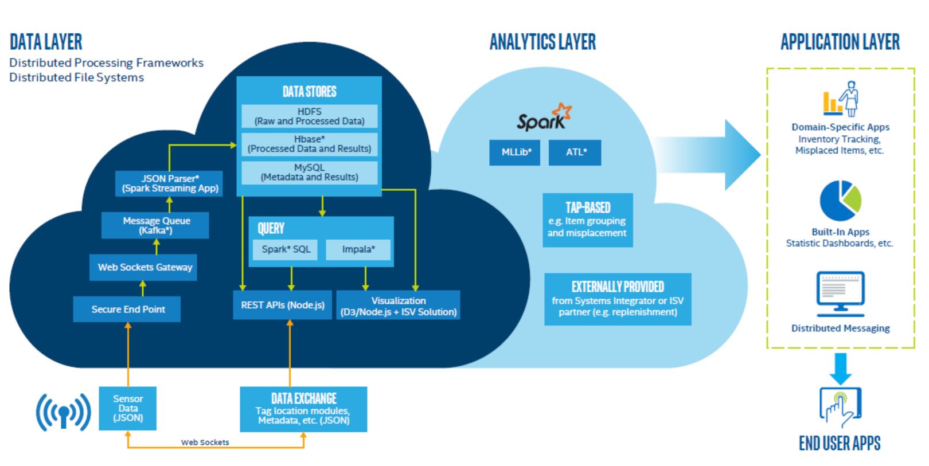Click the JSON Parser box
click(x=170, y=183)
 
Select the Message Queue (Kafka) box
click(x=155, y=225)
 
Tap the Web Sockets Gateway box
click(x=143, y=267)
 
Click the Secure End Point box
click(x=127, y=309)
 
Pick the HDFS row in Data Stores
click(x=309, y=116)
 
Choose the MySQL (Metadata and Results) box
click(x=309, y=173)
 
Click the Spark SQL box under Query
click(x=285, y=249)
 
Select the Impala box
click(x=358, y=249)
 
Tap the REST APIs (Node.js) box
click(x=282, y=305)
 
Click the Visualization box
click(x=398, y=306)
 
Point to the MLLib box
click(x=515, y=152)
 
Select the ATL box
click(x=575, y=152)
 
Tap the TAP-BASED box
click(x=587, y=220)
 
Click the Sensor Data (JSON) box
click(x=127, y=408)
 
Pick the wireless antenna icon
click(x=63, y=411)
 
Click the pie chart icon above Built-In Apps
click(x=840, y=201)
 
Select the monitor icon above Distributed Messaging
click(x=840, y=293)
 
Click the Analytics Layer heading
click(x=542, y=42)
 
